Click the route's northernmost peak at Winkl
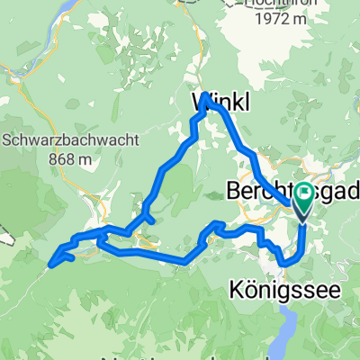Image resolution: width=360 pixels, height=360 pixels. click(x=207, y=94)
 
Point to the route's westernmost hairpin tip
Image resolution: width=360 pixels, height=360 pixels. click(x=52, y=263)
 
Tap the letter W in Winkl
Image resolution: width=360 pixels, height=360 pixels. click(x=202, y=104)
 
